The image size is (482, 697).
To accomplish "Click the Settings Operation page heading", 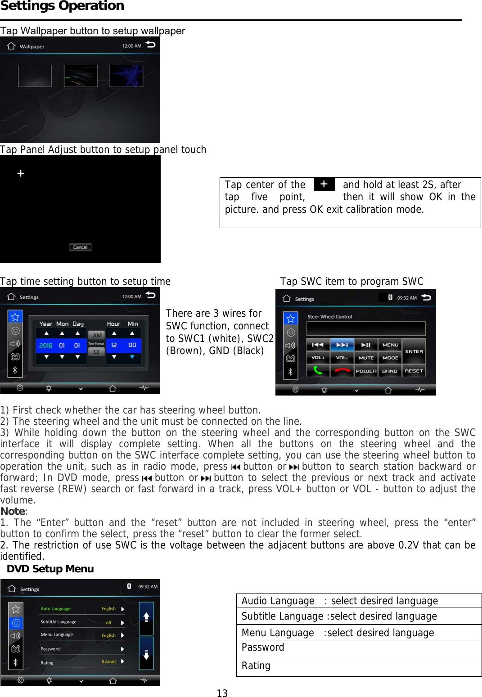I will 62,6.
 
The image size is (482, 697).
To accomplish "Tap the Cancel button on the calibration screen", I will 80,247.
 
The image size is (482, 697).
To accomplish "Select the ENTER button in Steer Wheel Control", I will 414,351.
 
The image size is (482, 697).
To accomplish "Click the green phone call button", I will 318,371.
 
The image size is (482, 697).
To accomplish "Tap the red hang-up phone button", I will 342,371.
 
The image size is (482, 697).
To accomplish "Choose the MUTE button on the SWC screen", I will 366,358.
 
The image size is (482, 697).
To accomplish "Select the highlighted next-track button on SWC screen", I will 342,345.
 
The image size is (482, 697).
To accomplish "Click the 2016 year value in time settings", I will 45,345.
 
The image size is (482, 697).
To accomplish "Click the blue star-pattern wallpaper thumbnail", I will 126,76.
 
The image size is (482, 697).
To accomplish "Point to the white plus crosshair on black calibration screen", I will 21,173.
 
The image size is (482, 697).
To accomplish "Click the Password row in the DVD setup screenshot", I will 81,649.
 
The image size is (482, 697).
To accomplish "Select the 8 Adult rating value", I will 108,661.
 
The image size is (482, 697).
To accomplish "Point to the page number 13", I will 222,693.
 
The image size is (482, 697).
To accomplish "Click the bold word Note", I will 13,511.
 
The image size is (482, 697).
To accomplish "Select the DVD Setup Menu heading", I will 50,569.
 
